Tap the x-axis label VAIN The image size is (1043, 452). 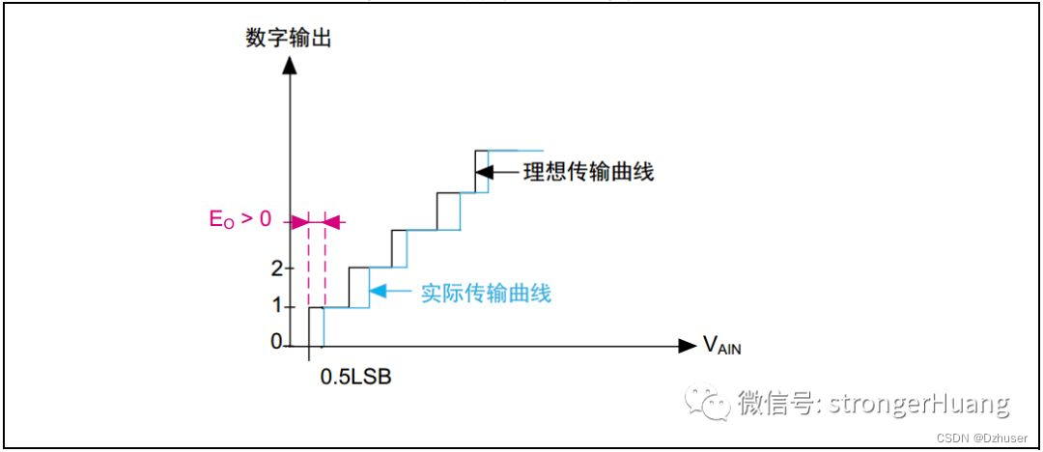[x=721, y=345]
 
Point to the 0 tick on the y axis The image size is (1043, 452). [x=276, y=342]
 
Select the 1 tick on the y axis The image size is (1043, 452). [x=276, y=305]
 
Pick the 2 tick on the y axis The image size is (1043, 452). [x=276, y=268]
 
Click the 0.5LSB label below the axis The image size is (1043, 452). [x=356, y=376]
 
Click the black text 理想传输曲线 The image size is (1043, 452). [x=588, y=173]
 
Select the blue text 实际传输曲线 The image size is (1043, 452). [x=486, y=293]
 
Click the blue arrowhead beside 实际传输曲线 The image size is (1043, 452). [x=377, y=290]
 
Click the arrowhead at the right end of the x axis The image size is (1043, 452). [x=687, y=345]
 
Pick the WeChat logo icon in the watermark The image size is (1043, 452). [x=709, y=402]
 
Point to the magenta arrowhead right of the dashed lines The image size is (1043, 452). [x=332, y=221]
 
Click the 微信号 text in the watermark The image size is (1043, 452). [x=772, y=402]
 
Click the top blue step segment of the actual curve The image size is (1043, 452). [x=516, y=152]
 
